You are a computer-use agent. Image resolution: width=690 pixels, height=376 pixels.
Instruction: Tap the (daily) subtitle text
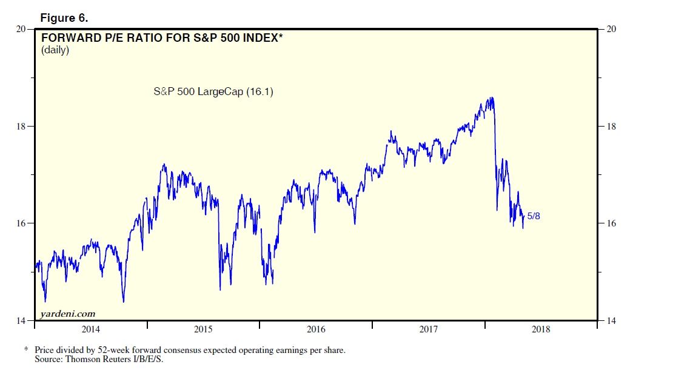55,51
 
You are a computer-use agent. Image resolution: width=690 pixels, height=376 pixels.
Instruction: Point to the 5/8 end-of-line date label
534,216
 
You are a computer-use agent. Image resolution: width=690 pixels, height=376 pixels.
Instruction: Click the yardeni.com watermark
68,314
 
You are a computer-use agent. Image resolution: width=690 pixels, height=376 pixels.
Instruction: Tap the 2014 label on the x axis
90,329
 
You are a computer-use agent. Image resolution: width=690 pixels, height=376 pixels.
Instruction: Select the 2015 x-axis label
203,329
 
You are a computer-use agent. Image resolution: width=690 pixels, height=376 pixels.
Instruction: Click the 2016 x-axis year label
316,329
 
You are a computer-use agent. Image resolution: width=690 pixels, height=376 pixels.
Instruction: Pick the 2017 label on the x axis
429,329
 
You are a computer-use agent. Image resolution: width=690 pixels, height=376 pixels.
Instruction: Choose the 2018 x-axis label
540,329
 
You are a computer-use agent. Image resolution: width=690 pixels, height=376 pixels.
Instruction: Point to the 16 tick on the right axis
611,223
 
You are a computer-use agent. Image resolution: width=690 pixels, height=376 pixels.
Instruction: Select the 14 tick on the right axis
611,321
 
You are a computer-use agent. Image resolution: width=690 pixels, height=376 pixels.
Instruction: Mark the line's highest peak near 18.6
491,97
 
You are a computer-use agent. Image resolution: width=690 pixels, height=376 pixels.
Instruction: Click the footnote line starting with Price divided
190,350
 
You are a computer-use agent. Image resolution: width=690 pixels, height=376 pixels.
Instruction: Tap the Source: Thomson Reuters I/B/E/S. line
99,359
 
